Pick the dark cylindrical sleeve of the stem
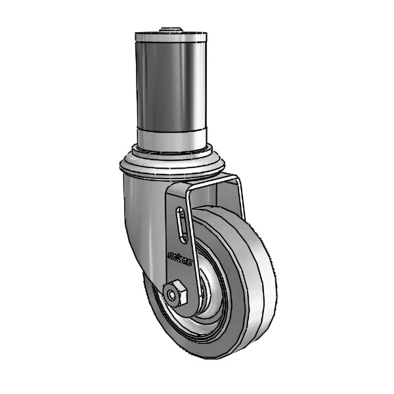pyautogui.click(x=170, y=85)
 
